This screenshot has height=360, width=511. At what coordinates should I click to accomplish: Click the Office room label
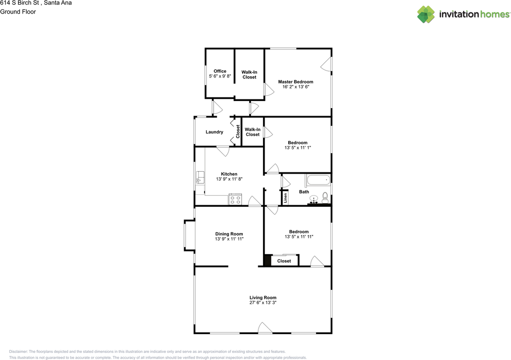click(x=220, y=71)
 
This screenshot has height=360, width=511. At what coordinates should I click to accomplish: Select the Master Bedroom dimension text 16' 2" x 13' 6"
click(x=295, y=87)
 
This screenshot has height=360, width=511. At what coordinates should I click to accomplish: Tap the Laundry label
click(x=214, y=132)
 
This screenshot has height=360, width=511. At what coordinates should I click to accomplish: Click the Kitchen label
click(x=229, y=174)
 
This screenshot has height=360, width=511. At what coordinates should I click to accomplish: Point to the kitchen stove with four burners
click(x=235, y=199)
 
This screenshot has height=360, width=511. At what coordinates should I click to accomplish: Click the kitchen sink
click(x=200, y=177)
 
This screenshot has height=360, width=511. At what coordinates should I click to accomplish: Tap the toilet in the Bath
click(x=325, y=196)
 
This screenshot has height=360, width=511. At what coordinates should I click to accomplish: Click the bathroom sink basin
click(x=314, y=198)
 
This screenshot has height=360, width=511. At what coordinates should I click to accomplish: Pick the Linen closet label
click(x=285, y=198)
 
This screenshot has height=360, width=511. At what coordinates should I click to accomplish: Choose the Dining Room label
click(x=229, y=234)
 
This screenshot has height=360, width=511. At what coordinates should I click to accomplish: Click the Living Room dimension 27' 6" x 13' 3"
click(x=263, y=303)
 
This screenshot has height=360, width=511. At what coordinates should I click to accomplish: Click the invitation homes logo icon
click(x=426, y=14)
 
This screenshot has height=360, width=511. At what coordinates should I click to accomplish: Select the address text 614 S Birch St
click(x=20, y=3)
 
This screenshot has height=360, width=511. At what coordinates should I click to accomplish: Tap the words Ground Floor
click(x=18, y=12)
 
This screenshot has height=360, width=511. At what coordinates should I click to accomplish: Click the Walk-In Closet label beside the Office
click(x=249, y=75)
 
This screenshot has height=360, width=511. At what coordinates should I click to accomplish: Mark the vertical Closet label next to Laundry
click(x=238, y=131)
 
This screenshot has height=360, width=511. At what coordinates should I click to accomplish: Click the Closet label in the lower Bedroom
click(x=284, y=261)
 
